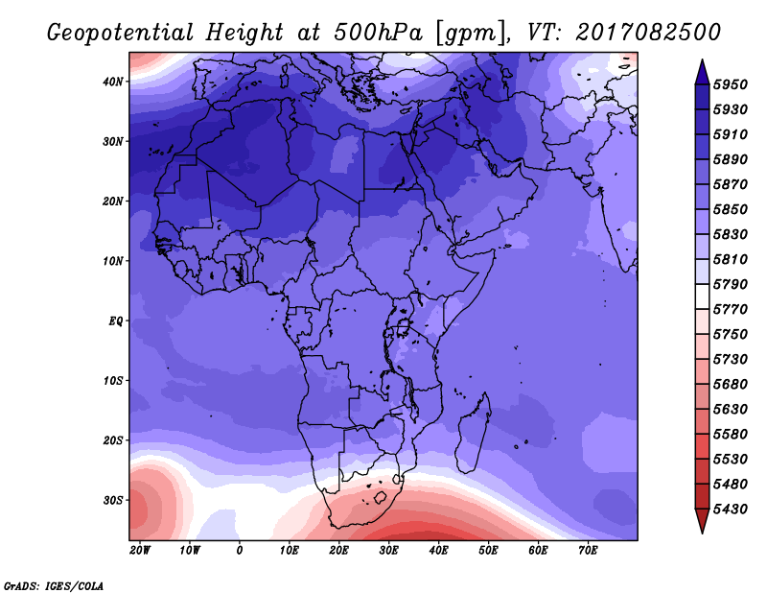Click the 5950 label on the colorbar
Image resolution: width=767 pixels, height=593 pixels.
[731, 84]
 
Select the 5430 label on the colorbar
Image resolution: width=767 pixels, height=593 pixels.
[731, 510]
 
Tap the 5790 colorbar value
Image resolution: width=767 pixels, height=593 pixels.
[731, 284]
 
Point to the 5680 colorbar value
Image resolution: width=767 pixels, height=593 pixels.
[731, 385]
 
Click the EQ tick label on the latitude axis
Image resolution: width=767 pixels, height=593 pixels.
[116, 321]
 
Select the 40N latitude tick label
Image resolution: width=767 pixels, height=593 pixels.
[113, 82]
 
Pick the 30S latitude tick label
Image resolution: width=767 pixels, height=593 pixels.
[113, 501]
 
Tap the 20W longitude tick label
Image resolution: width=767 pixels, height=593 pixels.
[140, 551]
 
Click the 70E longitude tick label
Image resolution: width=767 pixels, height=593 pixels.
[588, 551]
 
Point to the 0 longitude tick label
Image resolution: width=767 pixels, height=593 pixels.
[239, 551]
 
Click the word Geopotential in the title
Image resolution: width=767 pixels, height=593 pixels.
[121, 33]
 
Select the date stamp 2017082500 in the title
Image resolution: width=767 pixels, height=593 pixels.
[648, 33]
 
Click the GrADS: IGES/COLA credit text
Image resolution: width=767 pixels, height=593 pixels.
[54, 586]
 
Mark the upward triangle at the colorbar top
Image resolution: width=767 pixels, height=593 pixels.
[702, 72]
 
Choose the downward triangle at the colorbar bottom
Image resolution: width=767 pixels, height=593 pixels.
[702, 521]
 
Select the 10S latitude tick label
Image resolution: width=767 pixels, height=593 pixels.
[113, 381]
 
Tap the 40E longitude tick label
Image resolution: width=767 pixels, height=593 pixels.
[438, 551]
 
